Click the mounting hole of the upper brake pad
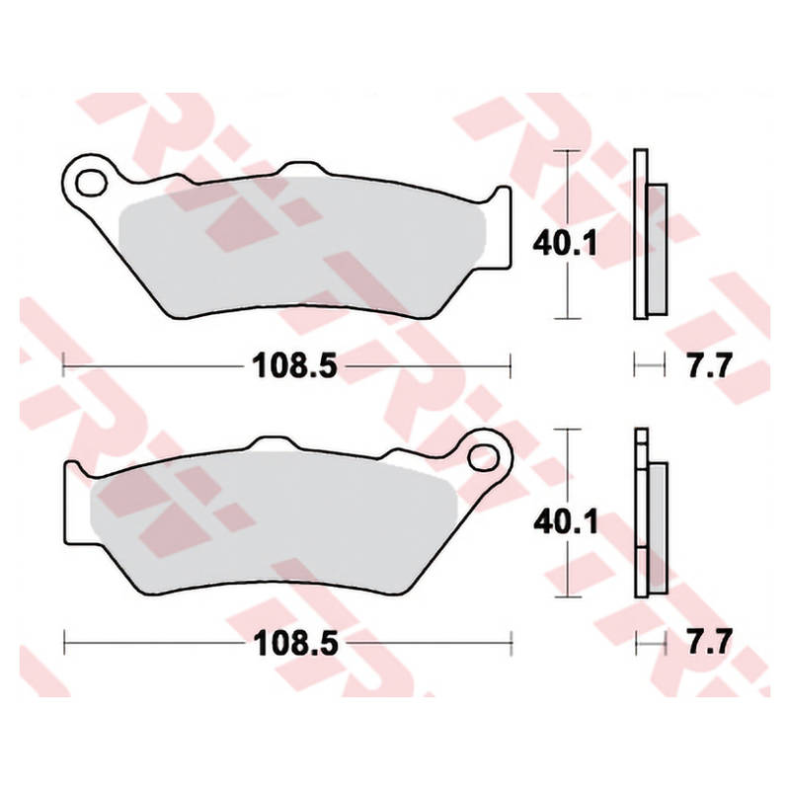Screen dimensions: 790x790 91,183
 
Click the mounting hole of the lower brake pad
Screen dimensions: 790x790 483,458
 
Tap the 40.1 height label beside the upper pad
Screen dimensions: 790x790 565,243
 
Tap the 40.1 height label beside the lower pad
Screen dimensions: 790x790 566,521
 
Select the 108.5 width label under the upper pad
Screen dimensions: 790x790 294,365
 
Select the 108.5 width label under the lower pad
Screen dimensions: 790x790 295,643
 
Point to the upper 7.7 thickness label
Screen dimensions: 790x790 708,365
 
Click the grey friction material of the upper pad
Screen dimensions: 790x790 302,247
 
